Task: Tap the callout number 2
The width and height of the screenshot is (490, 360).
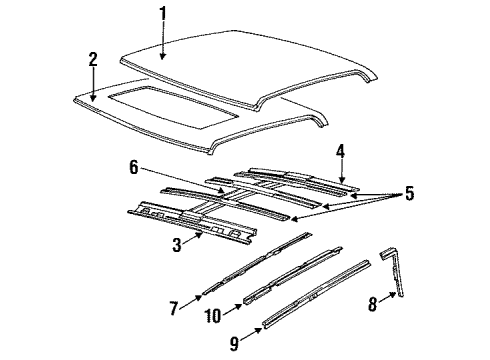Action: point(92,60)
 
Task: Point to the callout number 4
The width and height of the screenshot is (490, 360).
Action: point(341,152)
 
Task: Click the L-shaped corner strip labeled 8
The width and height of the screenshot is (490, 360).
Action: point(401,290)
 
